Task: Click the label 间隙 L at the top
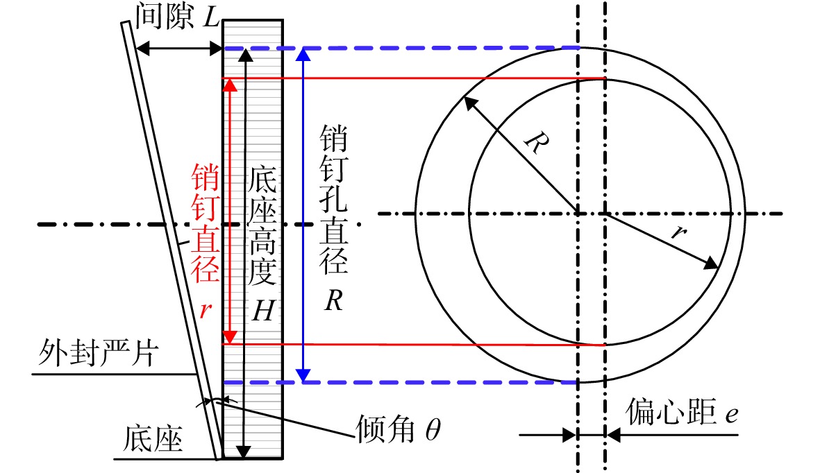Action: (177, 16)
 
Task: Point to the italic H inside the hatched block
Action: (262, 311)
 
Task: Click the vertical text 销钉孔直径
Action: (334, 200)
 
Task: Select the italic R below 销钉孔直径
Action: (333, 300)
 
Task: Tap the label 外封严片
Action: (98, 353)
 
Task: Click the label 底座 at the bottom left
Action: (153, 438)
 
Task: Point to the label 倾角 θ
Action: (399, 429)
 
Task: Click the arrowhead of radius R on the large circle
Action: (470, 103)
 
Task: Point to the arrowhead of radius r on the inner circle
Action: (712, 263)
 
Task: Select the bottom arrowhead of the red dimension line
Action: (230, 337)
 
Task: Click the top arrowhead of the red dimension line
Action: (230, 85)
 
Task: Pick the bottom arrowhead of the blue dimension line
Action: (303, 375)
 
